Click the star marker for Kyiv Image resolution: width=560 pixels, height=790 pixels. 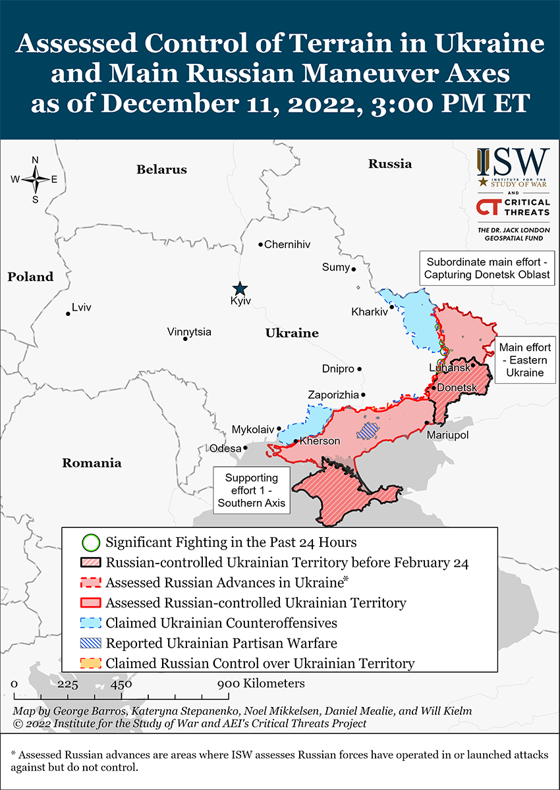pyautogui.click(x=240, y=288)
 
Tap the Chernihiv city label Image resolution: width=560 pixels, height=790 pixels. pyautogui.click(x=287, y=245)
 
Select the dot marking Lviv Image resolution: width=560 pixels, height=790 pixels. pyautogui.click(x=68, y=313)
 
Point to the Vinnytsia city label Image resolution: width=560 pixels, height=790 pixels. pyautogui.click(x=189, y=332)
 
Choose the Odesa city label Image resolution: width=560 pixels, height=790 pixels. pyautogui.click(x=225, y=448)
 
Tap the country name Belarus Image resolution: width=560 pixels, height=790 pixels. pyautogui.click(x=161, y=170)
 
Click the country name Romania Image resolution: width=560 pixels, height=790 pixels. pyautogui.click(x=92, y=463)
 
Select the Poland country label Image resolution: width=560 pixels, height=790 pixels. pyautogui.click(x=30, y=277)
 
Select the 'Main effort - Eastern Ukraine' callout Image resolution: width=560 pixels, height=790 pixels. pyautogui.click(x=524, y=360)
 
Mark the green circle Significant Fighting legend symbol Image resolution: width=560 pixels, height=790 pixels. pyautogui.click(x=90, y=543)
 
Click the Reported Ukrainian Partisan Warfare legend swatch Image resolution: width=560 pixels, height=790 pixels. pyautogui.click(x=90, y=643)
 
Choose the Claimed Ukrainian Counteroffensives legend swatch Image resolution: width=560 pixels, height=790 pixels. pyautogui.click(x=90, y=623)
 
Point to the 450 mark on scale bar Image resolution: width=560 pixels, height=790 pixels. pyautogui.click(x=121, y=684)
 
